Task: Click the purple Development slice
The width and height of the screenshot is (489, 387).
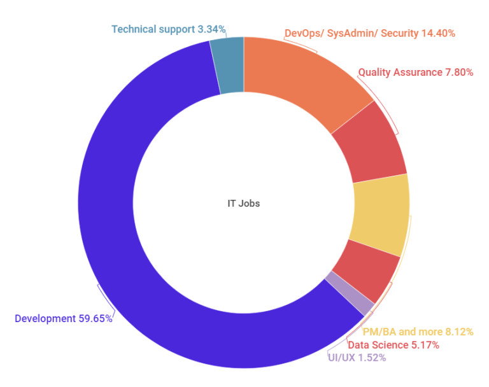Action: tap(115, 210)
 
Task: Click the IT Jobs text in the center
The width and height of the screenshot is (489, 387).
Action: tap(244, 204)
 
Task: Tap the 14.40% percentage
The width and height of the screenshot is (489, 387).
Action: tap(438, 33)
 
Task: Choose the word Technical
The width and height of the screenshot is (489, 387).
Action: tap(132, 29)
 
